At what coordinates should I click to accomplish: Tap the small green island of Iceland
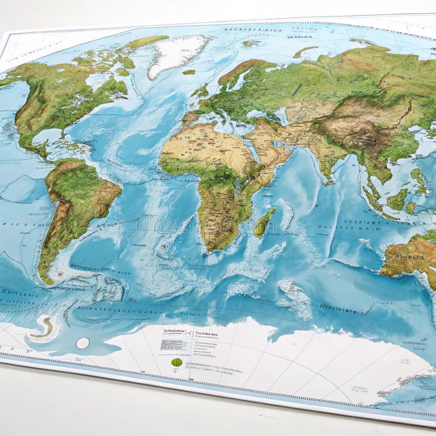[x=189, y=72]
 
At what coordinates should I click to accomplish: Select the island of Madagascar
[x=264, y=222]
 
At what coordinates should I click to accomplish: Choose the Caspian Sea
[x=284, y=114]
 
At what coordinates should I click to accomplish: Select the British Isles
[x=202, y=91]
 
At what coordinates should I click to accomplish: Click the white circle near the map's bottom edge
[x=82, y=343]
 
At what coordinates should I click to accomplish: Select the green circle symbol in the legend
[x=177, y=362]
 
